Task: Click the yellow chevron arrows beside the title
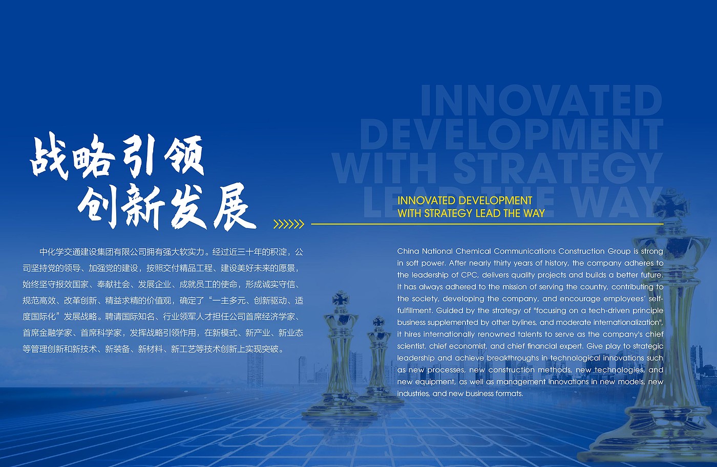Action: click(x=289, y=224)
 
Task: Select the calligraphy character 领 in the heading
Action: click(x=184, y=155)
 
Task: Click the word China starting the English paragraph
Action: click(x=408, y=251)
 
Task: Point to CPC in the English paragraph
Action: click(x=470, y=275)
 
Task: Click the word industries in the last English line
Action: click(x=413, y=393)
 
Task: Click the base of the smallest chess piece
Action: click(x=381, y=398)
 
